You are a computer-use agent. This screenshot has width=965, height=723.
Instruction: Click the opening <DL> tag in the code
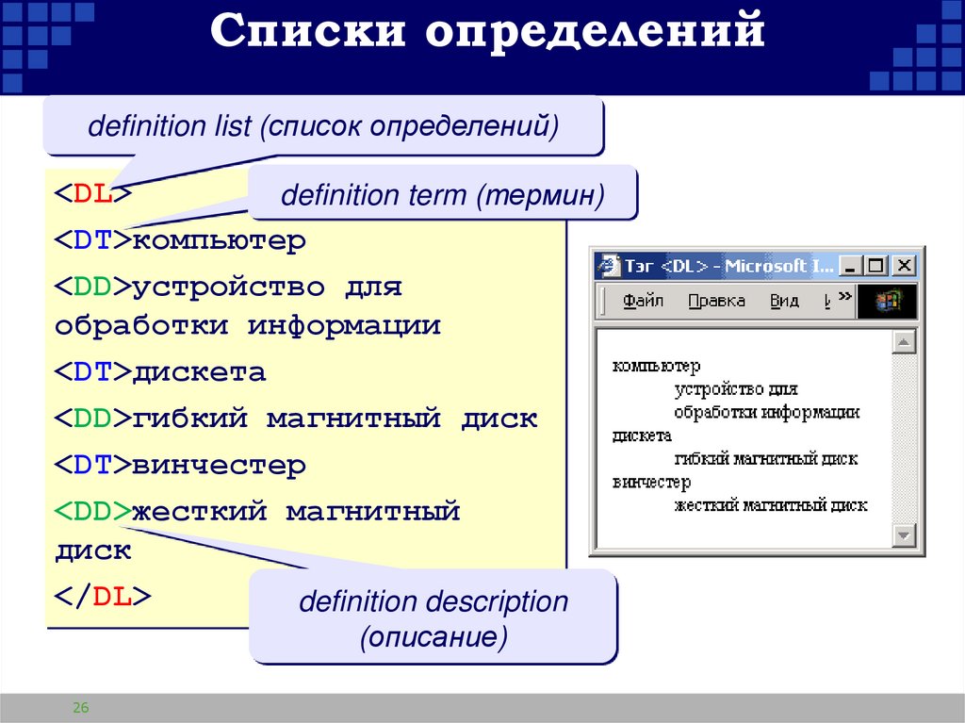[92, 195]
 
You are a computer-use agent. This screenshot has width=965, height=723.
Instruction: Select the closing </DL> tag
[102, 597]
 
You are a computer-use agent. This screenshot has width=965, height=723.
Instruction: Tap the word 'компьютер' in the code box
[220, 241]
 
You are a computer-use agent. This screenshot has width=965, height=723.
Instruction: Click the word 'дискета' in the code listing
[199, 372]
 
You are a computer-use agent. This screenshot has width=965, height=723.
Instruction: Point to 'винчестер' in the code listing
[219, 466]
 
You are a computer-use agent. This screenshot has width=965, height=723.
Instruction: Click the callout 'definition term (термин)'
[442, 195]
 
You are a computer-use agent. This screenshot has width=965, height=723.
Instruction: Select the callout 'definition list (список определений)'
[323, 126]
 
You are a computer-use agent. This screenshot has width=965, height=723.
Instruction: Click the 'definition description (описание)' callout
[433, 619]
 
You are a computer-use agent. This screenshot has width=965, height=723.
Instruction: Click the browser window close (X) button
[905, 266]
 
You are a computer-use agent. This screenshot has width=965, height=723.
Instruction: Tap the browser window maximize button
[877, 266]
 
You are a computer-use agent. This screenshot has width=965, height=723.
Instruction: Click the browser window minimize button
[851, 266]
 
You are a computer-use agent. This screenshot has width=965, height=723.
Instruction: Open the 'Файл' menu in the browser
[643, 301]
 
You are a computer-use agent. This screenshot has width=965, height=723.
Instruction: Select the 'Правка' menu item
[716, 301]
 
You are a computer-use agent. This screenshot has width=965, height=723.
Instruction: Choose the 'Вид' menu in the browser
[784, 301]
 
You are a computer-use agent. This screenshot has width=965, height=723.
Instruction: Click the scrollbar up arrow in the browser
[905, 341]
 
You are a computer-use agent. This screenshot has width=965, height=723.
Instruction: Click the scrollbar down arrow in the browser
[905, 534]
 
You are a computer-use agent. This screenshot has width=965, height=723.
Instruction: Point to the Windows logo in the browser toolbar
[887, 301]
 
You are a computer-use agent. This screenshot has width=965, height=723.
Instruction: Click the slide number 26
[80, 708]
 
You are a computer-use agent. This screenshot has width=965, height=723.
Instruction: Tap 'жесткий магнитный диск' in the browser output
[771, 505]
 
